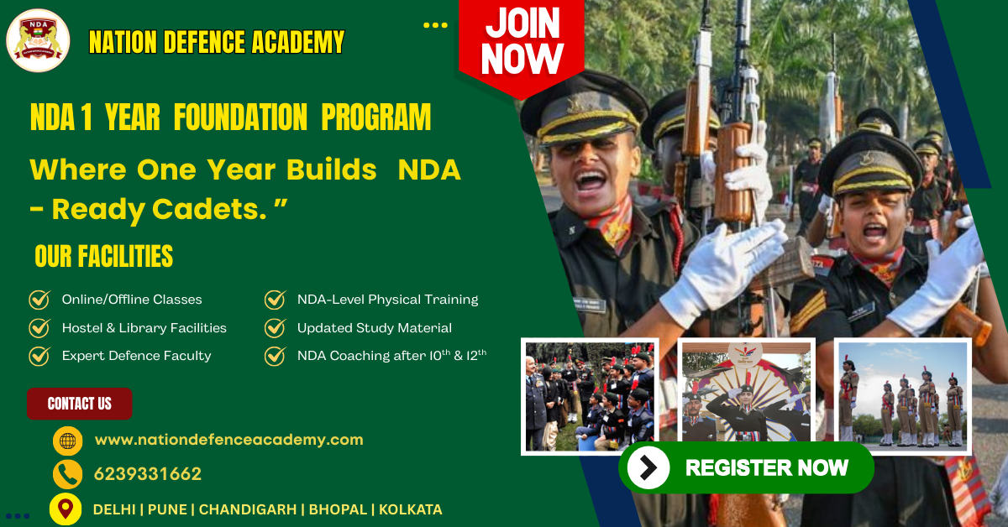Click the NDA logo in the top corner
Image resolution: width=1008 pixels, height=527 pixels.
pyautogui.click(x=38, y=40)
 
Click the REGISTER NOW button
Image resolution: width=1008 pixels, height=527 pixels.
pyautogui.click(x=747, y=467)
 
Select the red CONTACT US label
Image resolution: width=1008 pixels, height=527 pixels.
pyautogui.click(x=80, y=404)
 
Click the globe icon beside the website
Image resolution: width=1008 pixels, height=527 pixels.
pyautogui.click(x=67, y=441)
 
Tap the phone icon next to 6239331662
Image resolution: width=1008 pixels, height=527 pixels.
pyautogui.click(x=67, y=474)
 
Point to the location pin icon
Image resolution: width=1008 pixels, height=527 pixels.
pyautogui.click(x=66, y=509)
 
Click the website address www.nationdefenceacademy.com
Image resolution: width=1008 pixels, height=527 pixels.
pyautogui.click(x=228, y=440)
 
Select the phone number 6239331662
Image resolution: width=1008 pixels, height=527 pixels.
pyautogui.click(x=148, y=474)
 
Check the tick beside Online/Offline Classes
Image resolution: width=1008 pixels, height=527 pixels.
pyautogui.click(x=39, y=300)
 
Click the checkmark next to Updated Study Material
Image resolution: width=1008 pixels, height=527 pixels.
pyautogui.click(x=276, y=328)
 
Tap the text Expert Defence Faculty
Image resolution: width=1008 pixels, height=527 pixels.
pyautogui.click(x=136, y=356)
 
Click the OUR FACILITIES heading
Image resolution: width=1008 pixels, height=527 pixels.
pyautogui.click(x=103, y=256)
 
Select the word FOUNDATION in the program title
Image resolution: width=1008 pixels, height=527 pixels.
pyautogui.click(x=240, y=117)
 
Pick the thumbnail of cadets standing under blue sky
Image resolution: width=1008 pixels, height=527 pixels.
pyautogui.click(x=902, y=395)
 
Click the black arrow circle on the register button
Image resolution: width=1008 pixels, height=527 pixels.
pyautogui.click(x=648, y=467)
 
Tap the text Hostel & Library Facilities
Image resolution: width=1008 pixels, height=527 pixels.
pyautogui.click(x=144, y=328)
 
